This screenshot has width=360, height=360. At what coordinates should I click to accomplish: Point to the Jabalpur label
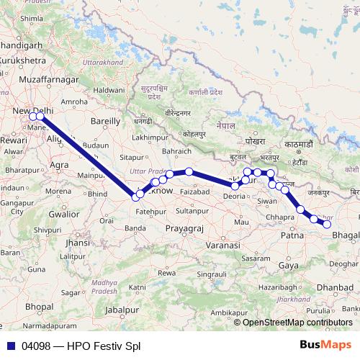121,309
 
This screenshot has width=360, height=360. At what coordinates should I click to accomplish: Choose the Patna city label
291,235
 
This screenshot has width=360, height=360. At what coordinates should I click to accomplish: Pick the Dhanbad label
335,287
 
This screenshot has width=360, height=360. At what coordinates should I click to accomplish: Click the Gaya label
289,266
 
